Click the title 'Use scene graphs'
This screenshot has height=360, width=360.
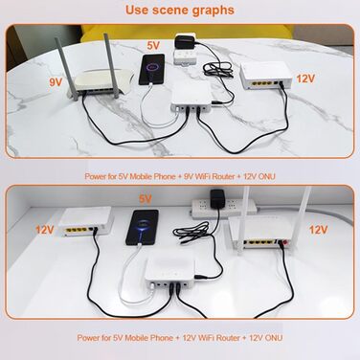click(180, 10)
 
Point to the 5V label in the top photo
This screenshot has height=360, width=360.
click(153, 44)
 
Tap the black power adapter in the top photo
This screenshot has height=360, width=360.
click(182, 44)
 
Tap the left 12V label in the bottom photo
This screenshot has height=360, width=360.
click(45, 230)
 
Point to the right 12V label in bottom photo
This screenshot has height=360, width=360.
click(316, 230)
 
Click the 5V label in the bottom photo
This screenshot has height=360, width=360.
click(146, 198)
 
